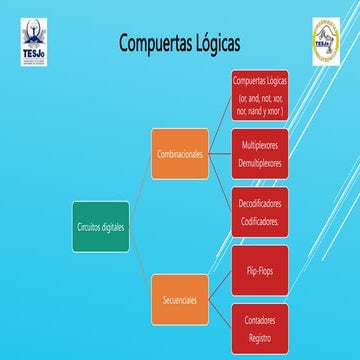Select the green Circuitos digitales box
pos(101,227)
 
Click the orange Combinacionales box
pos(180,154)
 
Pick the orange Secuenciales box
pos(180,299)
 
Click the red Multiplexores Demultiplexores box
pos(260,153)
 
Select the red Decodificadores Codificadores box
pos(260,210)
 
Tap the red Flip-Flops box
pos(260,269)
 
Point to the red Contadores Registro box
pos(260,327)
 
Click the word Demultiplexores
pos(260,161)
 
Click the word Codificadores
pos(260,218)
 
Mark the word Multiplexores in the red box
pos(260,145)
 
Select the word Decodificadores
pos(260,202)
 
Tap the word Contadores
pos(260,319)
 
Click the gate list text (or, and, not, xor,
pos(260,99)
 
